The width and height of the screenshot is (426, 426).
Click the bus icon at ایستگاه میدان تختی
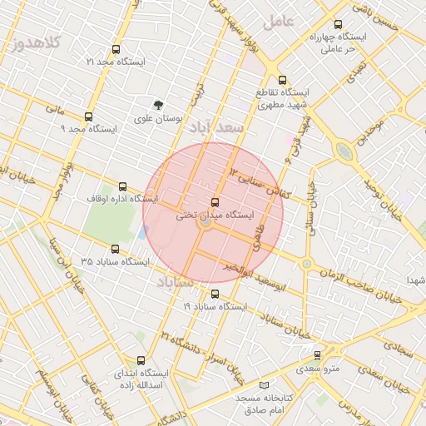[215, 202]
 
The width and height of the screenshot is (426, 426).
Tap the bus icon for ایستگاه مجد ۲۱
[115, 49]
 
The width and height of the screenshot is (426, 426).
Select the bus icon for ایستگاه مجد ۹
[88, 116]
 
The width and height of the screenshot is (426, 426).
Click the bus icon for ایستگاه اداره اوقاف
[123, 186]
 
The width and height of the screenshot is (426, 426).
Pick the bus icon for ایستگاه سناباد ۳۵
[114, 249]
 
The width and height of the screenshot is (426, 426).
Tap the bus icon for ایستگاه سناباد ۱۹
[215, 294]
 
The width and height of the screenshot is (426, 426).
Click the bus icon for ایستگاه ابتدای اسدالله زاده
[140, 361]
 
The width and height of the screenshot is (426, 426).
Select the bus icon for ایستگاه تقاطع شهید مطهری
[282, 81]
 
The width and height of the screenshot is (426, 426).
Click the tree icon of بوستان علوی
[159, 105]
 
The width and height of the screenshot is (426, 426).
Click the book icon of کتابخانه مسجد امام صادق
[264, 386]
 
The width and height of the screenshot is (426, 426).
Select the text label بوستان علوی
[159, 118]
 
